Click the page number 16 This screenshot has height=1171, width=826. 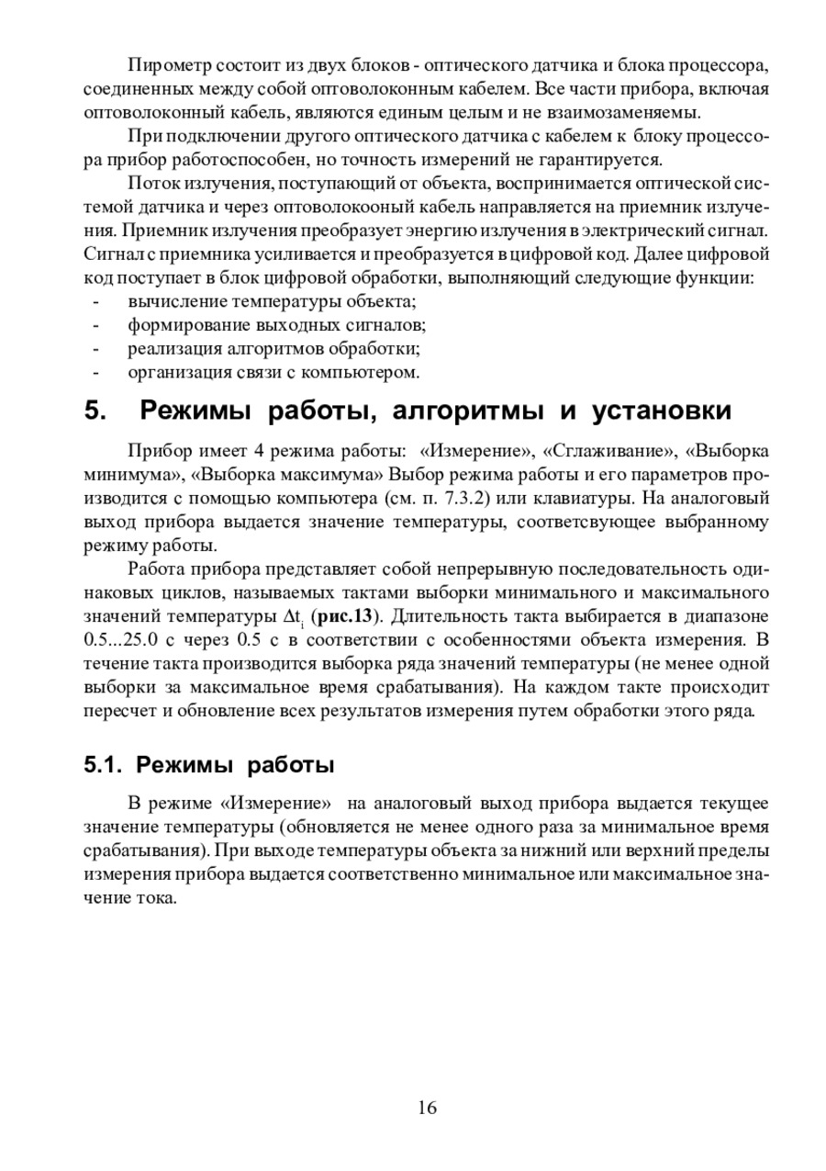427,1107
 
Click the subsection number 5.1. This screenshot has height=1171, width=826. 103,764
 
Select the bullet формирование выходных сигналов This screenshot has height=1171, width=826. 277,324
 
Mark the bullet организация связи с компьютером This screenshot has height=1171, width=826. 273,372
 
